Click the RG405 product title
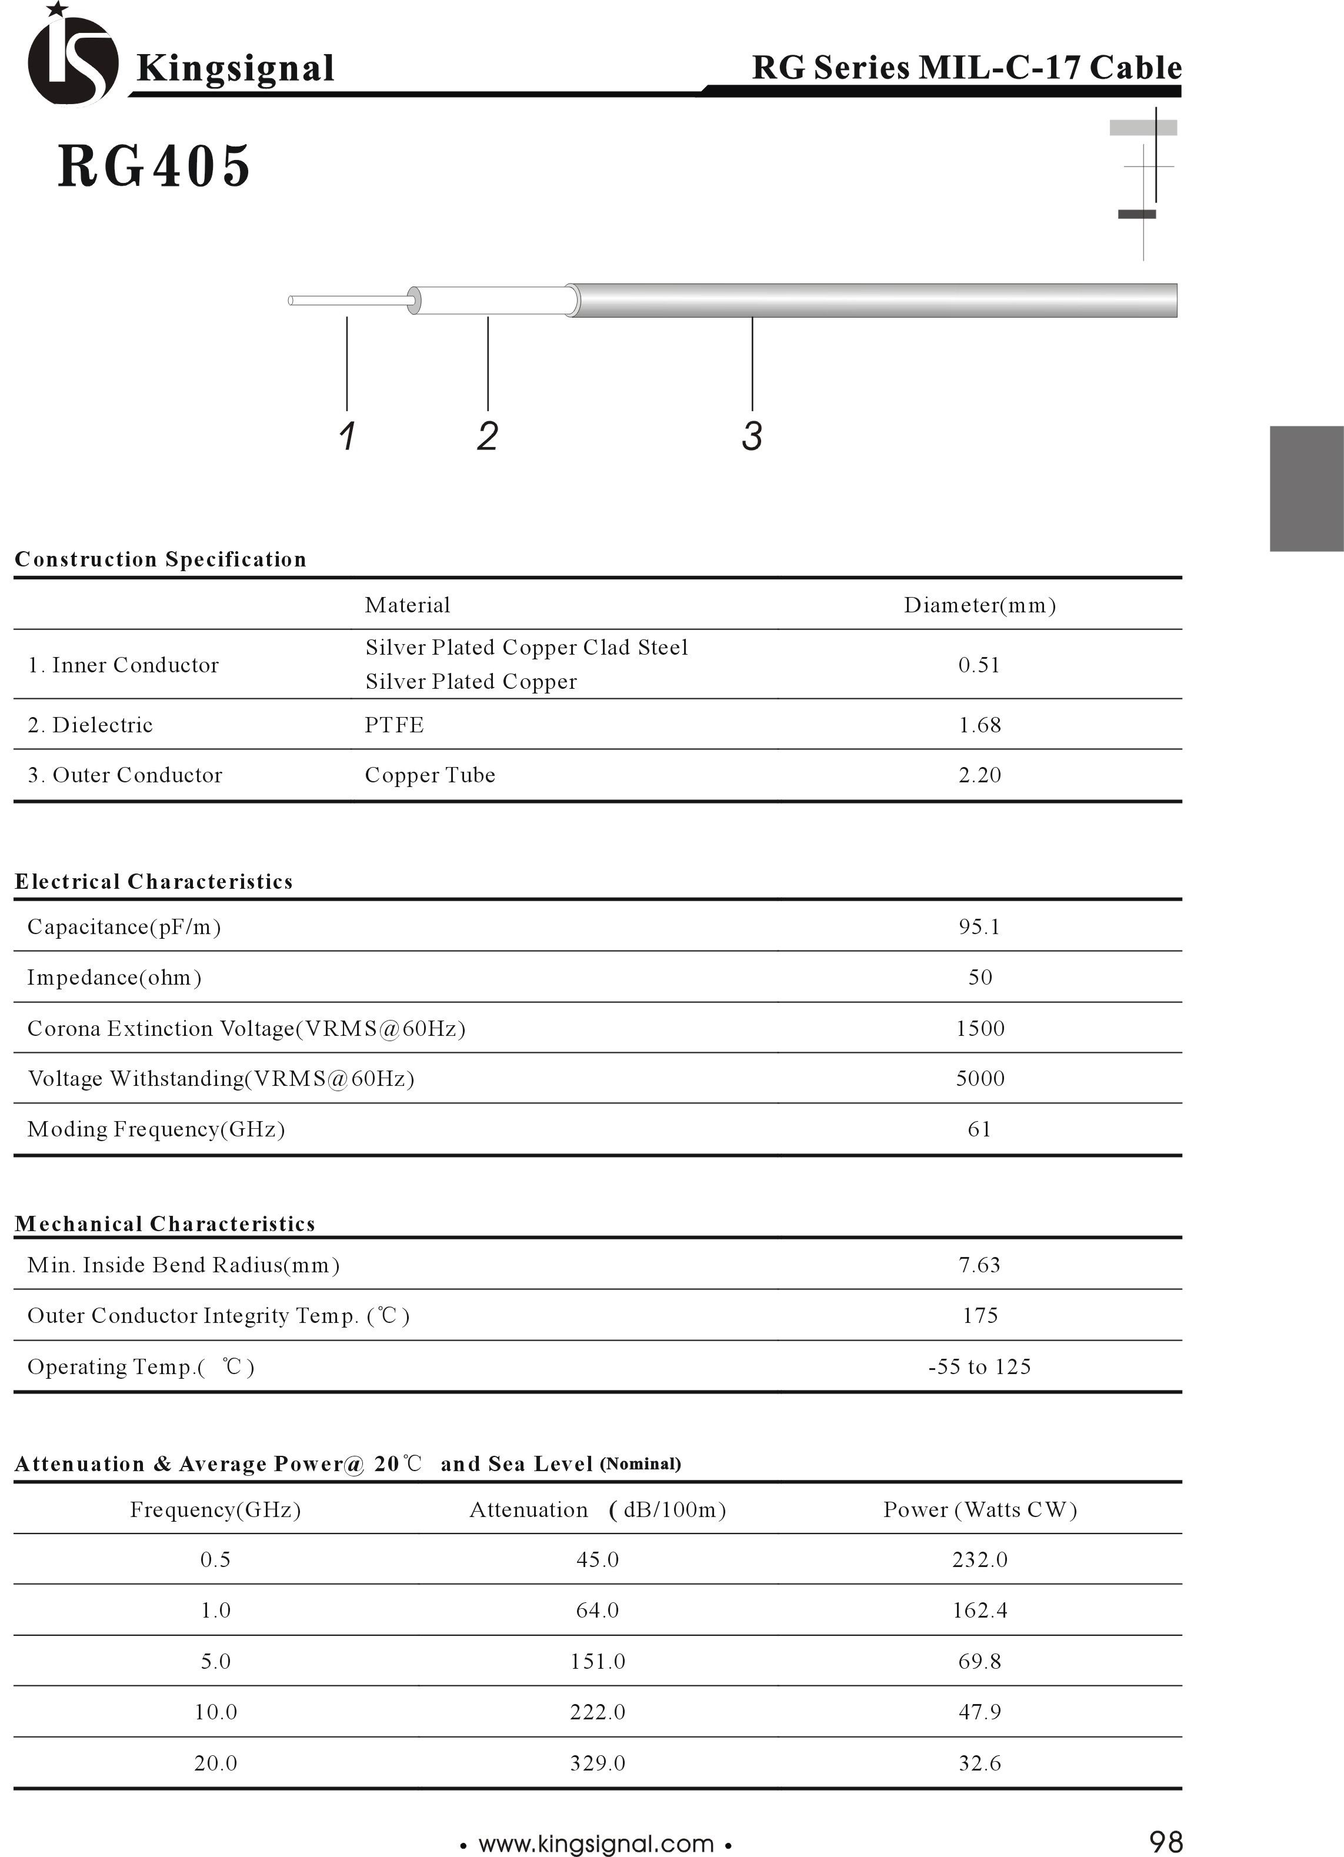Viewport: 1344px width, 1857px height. [x=154, y=166]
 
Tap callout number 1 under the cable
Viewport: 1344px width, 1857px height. [x=347, y=436]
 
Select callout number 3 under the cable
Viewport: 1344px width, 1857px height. [x=751, y=436]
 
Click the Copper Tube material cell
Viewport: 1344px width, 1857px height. [x=430, y=775]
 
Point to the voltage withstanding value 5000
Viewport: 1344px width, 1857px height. [x=980, y=1078]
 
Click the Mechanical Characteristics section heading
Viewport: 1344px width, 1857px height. [x=165, y=1223]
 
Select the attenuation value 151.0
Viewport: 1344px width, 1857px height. [x=598, y=1661]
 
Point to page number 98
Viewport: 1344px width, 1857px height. [x=1166, y=1842]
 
